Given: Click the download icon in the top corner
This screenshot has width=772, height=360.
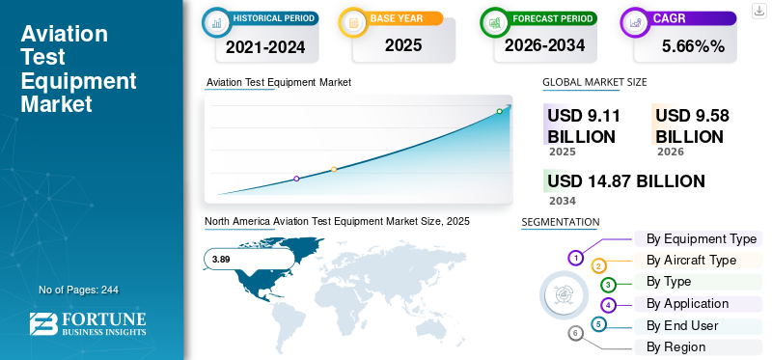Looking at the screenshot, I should pos(758,10).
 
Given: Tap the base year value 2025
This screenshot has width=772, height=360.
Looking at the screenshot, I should pos(403,44).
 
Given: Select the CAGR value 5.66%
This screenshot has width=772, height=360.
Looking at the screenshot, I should pos(693,45).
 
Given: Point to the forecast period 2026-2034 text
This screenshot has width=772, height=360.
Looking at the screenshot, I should pos(544,44).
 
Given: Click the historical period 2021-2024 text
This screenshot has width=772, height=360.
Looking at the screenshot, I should pos(265,45).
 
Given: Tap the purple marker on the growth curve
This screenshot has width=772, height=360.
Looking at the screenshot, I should pos(296,179).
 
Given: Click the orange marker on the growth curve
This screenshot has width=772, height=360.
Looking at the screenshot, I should pos(334,169).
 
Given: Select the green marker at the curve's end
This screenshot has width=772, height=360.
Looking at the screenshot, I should pos(500,111).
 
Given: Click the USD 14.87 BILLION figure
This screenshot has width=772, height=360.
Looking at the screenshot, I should pos(625,180).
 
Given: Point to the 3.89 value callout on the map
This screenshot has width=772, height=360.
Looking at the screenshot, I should pos(221,259).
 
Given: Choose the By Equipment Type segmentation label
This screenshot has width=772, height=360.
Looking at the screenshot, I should pos(701,238).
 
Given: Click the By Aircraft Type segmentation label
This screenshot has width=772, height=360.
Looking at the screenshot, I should pos(691,260).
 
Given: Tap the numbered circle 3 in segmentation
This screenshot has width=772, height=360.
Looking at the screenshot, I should pos(608,285).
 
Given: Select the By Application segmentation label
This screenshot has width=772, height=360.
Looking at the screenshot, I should pos(687,303).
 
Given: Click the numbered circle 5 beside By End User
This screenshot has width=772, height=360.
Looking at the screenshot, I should pos(599,324).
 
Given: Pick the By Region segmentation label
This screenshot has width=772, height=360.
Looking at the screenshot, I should pos(675,346).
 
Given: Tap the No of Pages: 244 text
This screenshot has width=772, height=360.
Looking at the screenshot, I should pos(78,290).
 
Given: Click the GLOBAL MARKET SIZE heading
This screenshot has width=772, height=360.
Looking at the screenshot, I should pos(594,82).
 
